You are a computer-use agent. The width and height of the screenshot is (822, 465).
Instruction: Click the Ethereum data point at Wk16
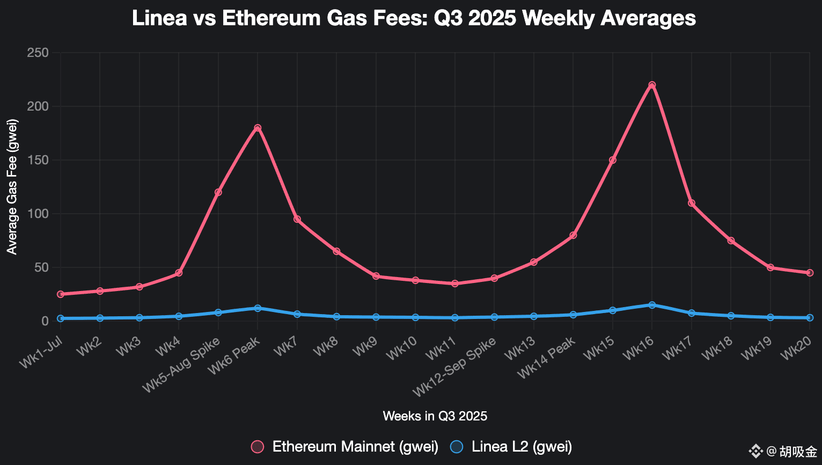pyautogui.click(x=652, y=85)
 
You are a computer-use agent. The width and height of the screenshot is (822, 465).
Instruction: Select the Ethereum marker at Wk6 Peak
pyautogui.click(x=258, y=128)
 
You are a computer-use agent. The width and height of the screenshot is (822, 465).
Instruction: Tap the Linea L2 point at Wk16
pyautogui.click(x=652, y=305)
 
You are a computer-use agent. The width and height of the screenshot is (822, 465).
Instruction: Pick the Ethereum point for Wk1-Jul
pyautogui.click(x=61, y=294)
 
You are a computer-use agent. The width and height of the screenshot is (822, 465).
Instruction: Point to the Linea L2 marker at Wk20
pyautogui.click(x=810, y=318)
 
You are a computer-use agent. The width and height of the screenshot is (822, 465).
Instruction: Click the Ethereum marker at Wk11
pyautogui.click(x=455, y=284)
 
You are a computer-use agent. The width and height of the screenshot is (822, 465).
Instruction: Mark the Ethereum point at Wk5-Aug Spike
pyautogui.click(x=218, y=192)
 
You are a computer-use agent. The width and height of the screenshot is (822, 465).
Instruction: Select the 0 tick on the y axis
pyautogui.click(x=45, y=321)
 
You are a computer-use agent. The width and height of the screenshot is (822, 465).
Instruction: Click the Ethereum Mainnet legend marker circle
pyautogui.click(x=258, y=447)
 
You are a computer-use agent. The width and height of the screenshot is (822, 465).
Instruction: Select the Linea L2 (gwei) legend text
pyautogui.click(x=522, y=447)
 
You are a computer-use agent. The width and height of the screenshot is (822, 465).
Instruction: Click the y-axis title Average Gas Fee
pyautogui.click(x=12, y=187)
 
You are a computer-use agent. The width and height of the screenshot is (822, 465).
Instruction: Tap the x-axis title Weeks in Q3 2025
pyautogui.click(x=435, y=416)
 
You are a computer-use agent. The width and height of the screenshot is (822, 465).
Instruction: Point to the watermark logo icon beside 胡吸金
pyautogui.click(x=755, y=451)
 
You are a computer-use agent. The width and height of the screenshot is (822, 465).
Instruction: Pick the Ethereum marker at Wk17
pyautogui.click(x=692, y=203)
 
